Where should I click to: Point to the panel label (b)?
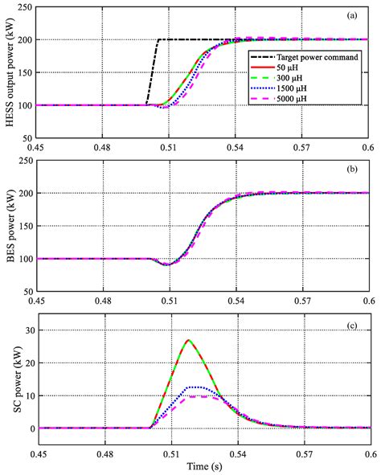pyautogui.click(x=353, y=169)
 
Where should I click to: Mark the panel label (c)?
pyautogui.click(x=353, y=324)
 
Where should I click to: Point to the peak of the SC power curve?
pyautogui.click(x=188, y=340)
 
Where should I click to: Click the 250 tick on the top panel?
pyautogui.click(x=25, y=7)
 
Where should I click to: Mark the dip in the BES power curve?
pyautogui.click(x=166, y=264)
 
